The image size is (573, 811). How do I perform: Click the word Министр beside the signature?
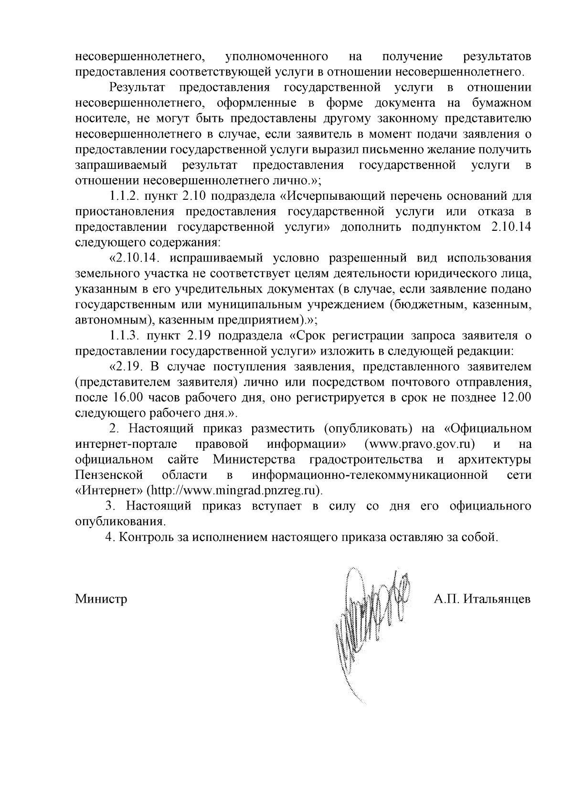coord(101,599)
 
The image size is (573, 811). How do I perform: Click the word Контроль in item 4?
coord(140,537)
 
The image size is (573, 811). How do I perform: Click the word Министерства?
coord(252,460)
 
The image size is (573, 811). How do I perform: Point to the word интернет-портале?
coord(126,444)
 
